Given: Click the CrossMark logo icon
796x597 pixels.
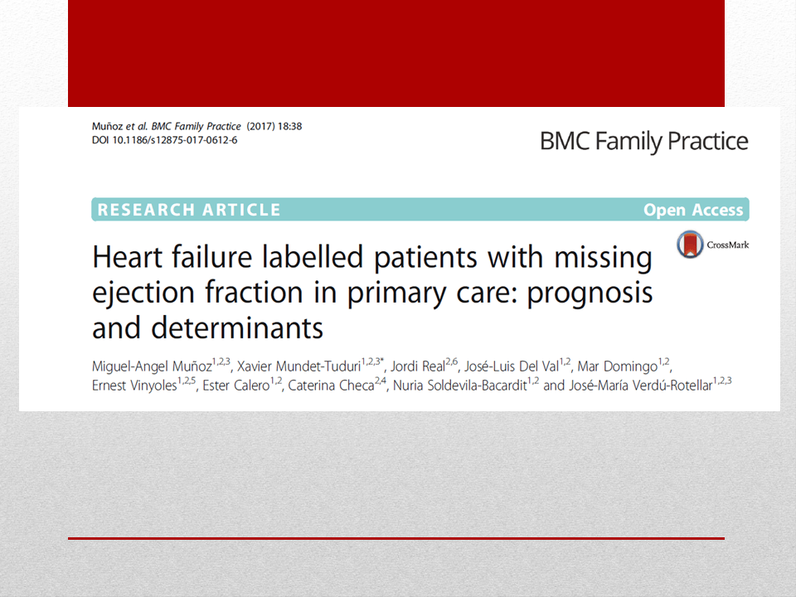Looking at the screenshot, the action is coord(690,244).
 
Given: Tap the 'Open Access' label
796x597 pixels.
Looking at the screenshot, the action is coord(693,210).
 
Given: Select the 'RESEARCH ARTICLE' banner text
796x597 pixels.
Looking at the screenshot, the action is coord(189,210).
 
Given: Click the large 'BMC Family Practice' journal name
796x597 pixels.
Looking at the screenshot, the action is coord(643,141).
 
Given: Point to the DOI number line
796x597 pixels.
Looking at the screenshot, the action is coord(164,140).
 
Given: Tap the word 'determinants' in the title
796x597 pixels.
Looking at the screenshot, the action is coord(237,328).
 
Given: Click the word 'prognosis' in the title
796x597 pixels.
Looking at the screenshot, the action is coord(590,294).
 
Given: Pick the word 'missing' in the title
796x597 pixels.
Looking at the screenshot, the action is coord(603,257).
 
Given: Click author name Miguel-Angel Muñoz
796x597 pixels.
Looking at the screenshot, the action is coord(152,366).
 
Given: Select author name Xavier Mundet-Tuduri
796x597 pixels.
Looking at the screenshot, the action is coord(298,366).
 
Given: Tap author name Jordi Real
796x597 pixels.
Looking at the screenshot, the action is coord(418,366).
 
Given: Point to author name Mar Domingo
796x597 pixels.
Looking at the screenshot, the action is coord(617,366).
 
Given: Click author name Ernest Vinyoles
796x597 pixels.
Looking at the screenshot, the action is coord(134,386).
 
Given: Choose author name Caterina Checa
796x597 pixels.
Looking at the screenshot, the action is coord(331,386).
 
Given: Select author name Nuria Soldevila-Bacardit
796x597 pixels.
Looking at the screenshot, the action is coord(460,386).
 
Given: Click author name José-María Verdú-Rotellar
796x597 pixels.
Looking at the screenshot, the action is coord(641,386).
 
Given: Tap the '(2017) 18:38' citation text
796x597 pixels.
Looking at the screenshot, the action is coord(274,126).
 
